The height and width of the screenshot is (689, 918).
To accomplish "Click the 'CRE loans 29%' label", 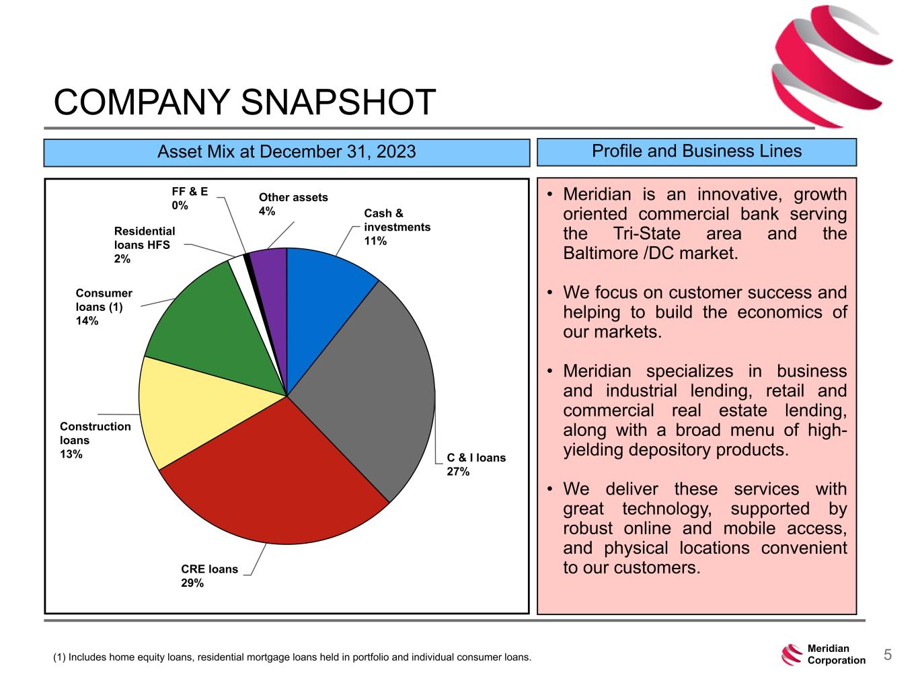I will [209, 576].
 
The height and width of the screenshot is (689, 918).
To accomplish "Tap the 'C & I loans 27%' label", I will [476, 464].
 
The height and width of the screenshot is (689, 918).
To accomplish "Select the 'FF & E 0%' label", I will [190, 198].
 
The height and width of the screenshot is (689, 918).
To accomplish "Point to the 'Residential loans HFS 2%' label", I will [145, 245].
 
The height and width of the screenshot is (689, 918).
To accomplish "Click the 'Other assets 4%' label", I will [293, 204].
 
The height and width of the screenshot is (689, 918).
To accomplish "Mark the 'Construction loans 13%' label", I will [95, 440].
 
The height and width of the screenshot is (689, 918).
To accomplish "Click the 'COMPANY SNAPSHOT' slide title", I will [245, 103].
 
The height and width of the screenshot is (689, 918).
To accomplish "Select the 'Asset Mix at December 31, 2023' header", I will [286, 152].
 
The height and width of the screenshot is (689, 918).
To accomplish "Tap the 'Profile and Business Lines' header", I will [696, 151].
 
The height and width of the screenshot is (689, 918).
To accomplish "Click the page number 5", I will [887, 655].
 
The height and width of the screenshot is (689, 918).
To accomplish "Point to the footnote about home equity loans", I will [292, 657].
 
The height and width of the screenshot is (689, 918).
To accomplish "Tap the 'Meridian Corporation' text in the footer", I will [836, 655].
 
